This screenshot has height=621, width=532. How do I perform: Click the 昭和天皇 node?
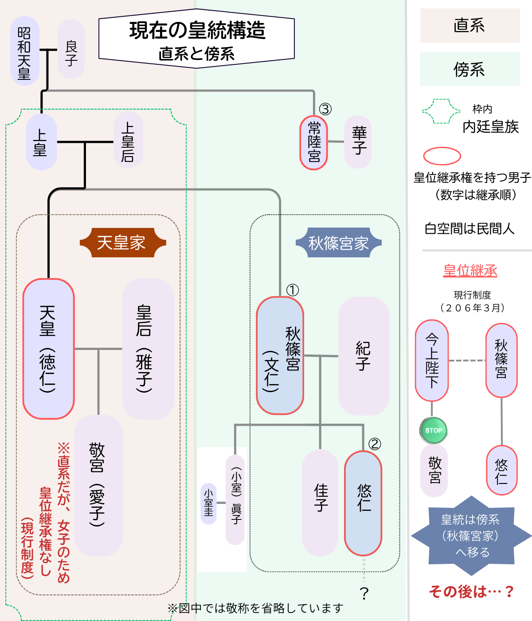(25, 51)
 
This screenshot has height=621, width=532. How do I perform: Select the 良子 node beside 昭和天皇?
(71, 49)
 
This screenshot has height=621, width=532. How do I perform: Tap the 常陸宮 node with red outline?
(314, 142)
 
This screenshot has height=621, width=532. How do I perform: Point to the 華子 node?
(358, 141)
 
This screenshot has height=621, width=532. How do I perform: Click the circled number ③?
(325, 109)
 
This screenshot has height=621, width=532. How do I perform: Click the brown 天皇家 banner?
(122, 243)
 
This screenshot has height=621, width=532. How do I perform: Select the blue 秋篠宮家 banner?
(339, 243)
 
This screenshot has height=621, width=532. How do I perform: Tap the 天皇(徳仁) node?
(48, 349)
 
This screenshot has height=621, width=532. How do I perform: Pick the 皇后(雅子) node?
(148, 349)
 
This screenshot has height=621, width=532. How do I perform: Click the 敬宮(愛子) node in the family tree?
(98, 485)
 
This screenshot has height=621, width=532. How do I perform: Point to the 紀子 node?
(364, 356)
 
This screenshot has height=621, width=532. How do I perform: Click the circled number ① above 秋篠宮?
(293, 290)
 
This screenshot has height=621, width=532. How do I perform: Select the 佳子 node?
(320, 502)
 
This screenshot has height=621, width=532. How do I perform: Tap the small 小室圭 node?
(208, 504)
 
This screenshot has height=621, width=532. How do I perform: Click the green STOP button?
(433, 430)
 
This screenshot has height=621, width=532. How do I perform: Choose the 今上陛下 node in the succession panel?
(432, 360)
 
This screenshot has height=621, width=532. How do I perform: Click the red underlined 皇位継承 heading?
(470, 271)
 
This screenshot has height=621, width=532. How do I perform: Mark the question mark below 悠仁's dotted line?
(364, 593)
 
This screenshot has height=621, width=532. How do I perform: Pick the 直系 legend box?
(470, 25)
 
